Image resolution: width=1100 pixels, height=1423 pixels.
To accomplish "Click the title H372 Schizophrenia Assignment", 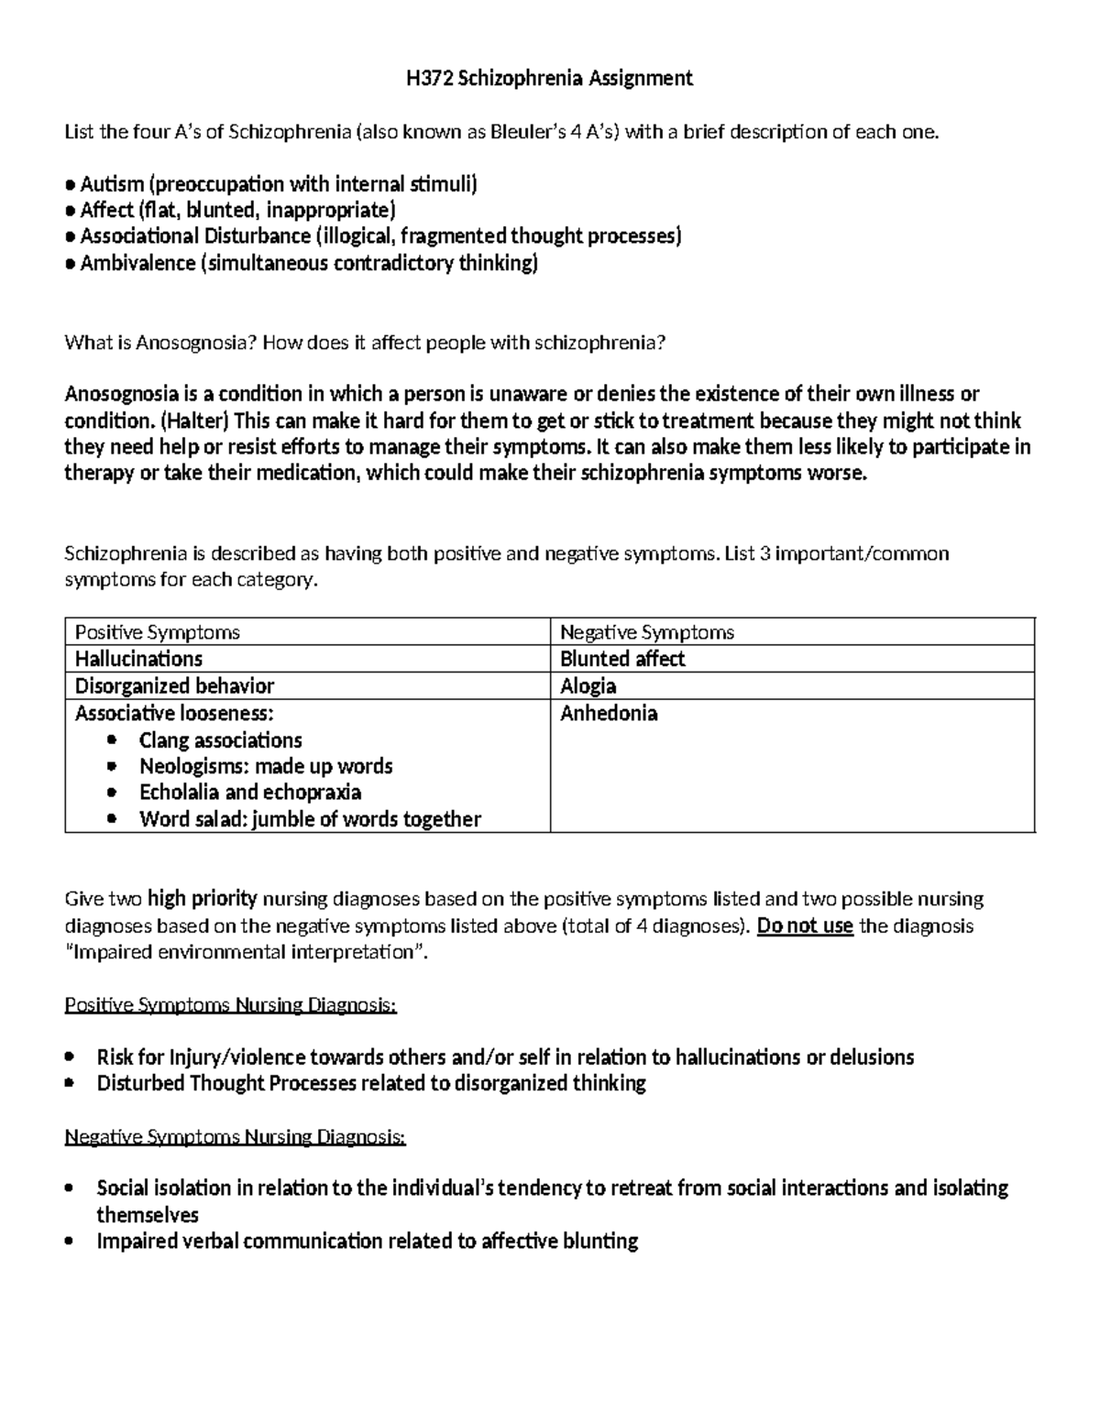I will click(x=549, y=79).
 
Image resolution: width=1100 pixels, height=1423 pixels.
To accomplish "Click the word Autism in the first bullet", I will click(x=105, y=184).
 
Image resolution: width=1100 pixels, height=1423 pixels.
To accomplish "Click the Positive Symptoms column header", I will click(x=157, y=632).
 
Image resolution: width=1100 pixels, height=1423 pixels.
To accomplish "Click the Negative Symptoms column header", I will click(x=646, y=632).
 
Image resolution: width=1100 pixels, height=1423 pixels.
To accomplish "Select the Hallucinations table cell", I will click(x=138, y=659).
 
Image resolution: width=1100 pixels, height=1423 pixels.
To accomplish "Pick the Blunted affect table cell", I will click(x=622, y=659).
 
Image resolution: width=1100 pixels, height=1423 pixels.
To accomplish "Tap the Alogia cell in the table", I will click(x=588, y=686).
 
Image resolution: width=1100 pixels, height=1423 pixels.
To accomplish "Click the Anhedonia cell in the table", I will click(x=609, y=713).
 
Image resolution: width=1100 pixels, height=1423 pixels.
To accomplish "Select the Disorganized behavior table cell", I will click(x=174, y=686).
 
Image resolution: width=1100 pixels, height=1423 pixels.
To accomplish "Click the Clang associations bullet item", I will click(x=220, y=739).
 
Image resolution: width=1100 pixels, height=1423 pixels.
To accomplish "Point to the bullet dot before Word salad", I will click(x=113, y=819).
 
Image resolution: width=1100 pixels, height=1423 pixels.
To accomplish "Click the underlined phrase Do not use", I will click(x=805, y=925).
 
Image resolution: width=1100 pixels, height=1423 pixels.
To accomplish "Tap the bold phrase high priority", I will click(x=203, y=898).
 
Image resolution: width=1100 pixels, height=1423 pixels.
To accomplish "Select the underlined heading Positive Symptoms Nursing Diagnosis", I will click(x=230, y=1005).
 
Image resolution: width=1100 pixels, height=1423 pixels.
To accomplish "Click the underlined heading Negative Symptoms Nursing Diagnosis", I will click(x=235, y=1137).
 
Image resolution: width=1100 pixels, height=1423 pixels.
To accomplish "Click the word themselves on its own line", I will click(x=148, y=1215).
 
